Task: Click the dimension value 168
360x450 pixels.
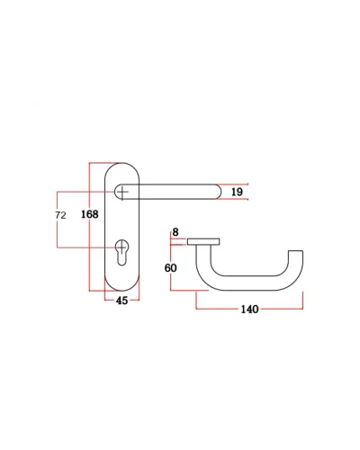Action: pyautogui.click(x=90, y=214)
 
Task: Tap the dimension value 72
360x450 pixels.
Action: pyautogui.click(x=60, y=215)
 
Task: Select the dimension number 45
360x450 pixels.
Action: pyautogui.click(x=121, y=301)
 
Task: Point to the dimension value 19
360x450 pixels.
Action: pyautogui.click(x=237, y=192)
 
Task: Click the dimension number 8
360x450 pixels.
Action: pyautogui.click(x=175, y=232)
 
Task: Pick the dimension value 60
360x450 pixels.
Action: pyautogui.click(x=170, y=267)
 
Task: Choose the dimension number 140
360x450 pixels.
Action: pyautogui.click(x=249, y=309)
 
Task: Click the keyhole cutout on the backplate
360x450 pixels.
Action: pyautogui.click(x=121, y=252)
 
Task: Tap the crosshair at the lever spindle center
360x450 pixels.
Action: pyautogui.click(x=122, y=192)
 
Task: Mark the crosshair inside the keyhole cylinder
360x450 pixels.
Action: pyautogui.click(x=121, y=247)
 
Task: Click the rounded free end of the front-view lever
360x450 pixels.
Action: pyautogui.click(x=218, y=192)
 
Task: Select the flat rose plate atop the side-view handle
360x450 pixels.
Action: pyautogui.click(x=203, y=241)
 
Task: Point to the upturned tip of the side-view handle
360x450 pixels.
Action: pyautogui.click(x=295, y=254)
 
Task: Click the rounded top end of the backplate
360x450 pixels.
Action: pyautogui.click(x=121, y=164)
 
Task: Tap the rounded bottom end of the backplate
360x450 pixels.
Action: pyautogui.click(x=121, y=290)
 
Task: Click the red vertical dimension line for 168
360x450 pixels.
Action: pyautogui.click(x=90, y=227)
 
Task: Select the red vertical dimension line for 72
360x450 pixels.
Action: pyautogui.click(x=57, y=220)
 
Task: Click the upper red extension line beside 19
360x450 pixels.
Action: pyautogui.click(x=233, y=184)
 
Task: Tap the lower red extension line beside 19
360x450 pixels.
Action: pyautogui.click(x=233, y=199)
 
